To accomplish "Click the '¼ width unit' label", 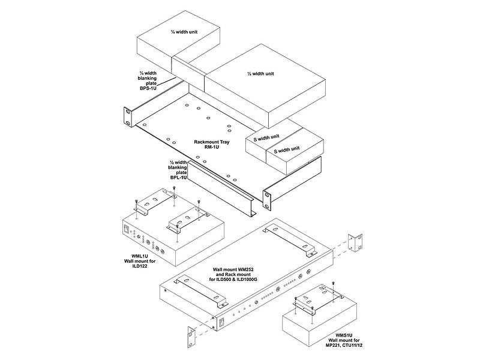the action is point(184,32).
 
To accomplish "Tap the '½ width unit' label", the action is point(260,74).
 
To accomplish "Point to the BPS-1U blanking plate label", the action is point(148,81).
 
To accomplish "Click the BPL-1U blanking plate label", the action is point(178,170).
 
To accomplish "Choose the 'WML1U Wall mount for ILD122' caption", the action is point(140,261).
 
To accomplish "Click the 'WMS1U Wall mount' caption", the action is point(344,340).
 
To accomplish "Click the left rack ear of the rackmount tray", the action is point(128,116).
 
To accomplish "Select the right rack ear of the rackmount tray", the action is point(267,200).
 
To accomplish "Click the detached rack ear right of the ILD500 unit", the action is point(355,243).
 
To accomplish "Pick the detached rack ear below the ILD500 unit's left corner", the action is point(191,337).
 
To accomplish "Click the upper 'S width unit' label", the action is point(266,137).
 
